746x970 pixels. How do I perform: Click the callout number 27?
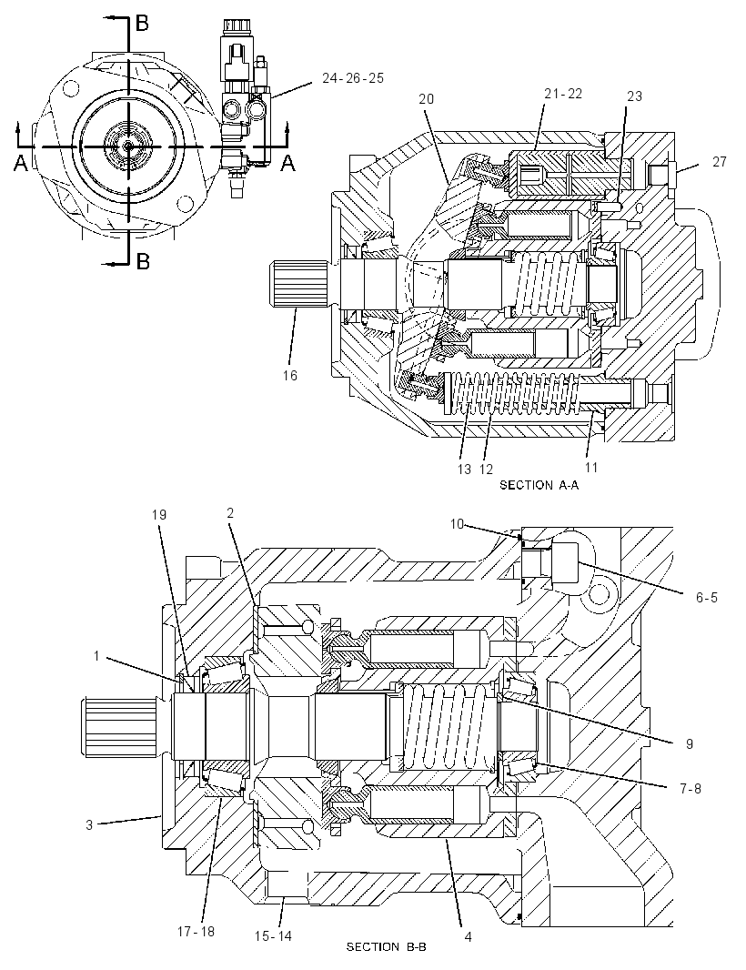point(719,162)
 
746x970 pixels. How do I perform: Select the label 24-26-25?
point(353,78)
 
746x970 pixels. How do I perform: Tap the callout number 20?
point(426,99)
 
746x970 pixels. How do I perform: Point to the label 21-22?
point(563,94)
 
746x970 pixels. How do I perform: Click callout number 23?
point(634,96)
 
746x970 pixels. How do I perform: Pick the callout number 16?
point(289,376)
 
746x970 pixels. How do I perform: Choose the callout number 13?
point(464,470)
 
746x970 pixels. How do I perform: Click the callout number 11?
point(592,468)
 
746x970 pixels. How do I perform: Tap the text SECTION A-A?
point(539,486)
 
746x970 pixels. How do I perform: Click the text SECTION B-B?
point(386,946)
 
